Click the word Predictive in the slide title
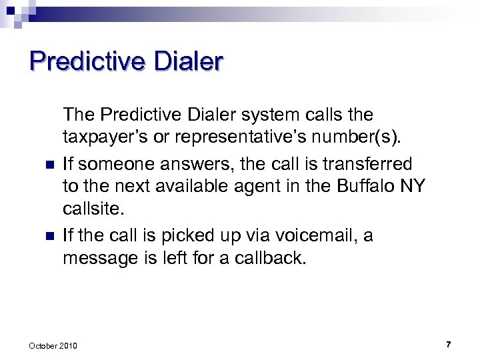point(87,61)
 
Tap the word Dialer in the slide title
point(189,61)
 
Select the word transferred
point(364,163)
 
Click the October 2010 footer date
point(53,345)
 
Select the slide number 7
point(448,344)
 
